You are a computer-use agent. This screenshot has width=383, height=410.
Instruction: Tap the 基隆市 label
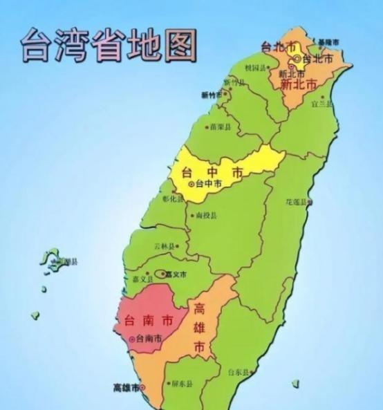[x=328, y=43]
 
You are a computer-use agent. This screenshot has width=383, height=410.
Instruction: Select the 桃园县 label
[x=255, y=68]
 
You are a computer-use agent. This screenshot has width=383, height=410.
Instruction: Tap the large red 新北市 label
[x=299, y=84]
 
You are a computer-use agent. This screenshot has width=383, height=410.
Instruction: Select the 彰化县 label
[x=173, y=198]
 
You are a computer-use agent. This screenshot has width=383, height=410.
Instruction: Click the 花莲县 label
[x=298, y=202]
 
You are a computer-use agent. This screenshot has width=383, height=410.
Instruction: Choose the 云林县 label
[x=166, y=245]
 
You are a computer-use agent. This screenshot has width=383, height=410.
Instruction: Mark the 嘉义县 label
[x=144, y=279]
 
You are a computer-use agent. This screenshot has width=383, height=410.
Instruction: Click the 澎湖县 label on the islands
[x=67, y=261]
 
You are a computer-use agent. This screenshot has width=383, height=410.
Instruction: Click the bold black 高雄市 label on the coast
[x=127, y=388]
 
